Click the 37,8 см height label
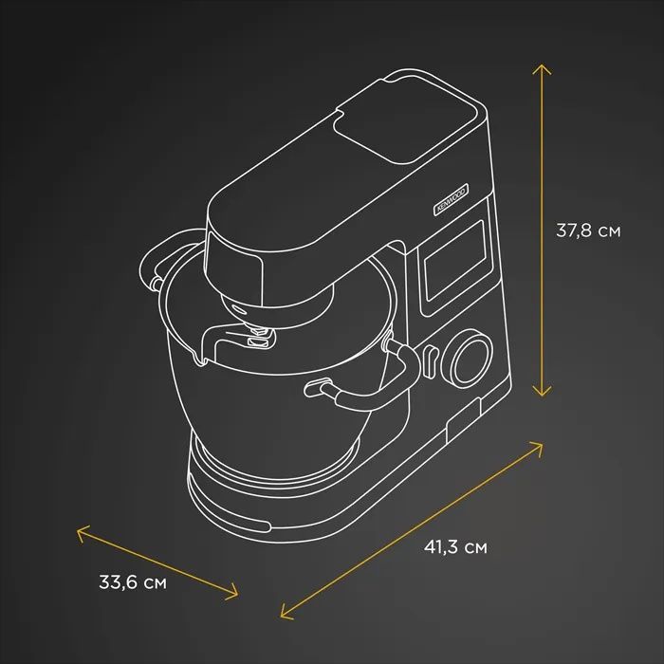point(588,231)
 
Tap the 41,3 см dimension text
point(455,547)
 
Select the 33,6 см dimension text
point(133,581)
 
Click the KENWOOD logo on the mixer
point(451,198)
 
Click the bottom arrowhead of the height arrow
point(542,391)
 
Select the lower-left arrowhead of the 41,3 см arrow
point(286,612)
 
